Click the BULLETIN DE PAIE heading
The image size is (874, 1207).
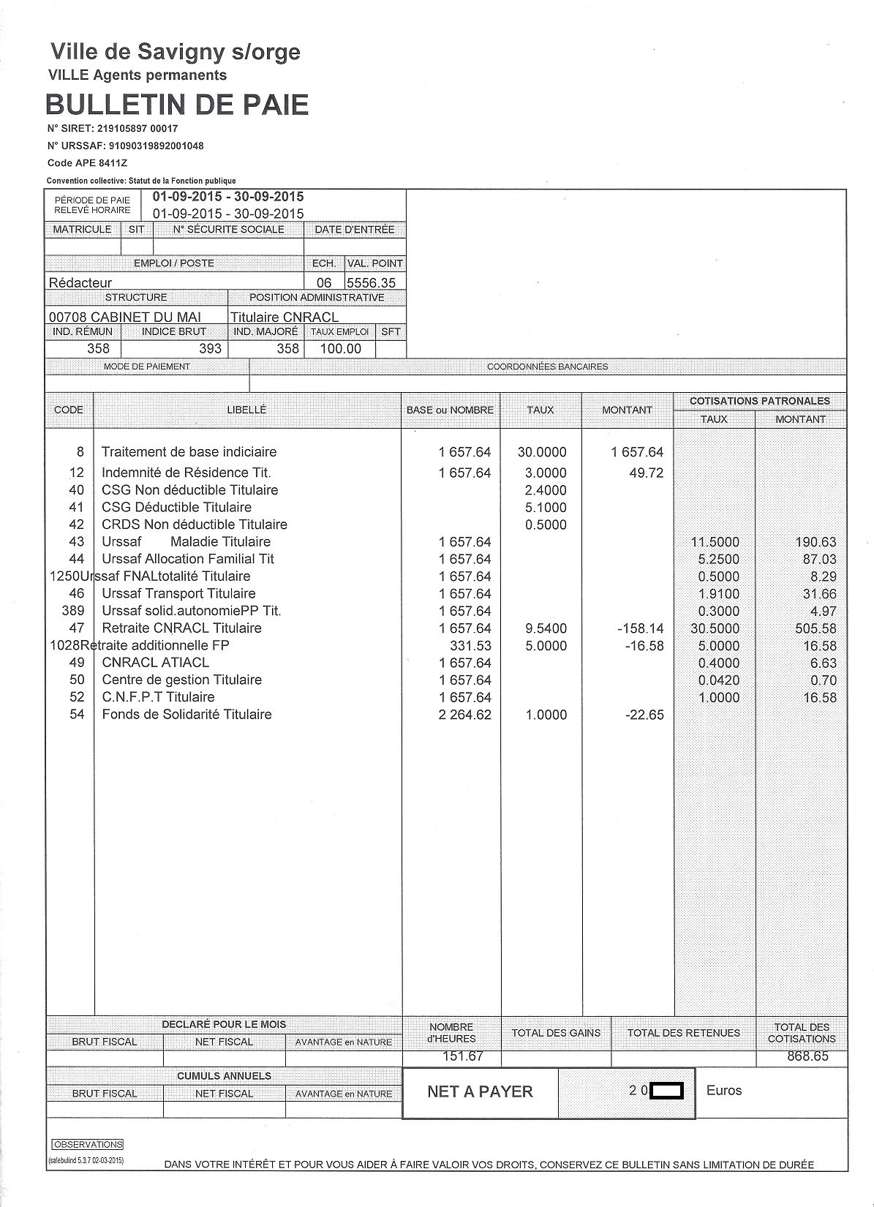pos(177,105)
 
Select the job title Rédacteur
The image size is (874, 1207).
pos(80,282)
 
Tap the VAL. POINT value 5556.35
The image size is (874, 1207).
pos(372,282)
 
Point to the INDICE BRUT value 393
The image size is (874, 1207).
pos(210,349)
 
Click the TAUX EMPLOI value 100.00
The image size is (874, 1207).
pos(341,349)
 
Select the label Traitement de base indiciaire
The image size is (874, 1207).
pos(189,452)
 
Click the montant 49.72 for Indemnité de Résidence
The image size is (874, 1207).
pos(646,473)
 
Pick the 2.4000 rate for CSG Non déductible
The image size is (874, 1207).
pos(546,490)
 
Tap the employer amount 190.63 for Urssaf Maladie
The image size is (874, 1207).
pos(815,542)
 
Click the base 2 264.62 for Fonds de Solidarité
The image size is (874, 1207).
pos(464,715)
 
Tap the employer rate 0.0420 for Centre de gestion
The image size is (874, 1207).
pos(718,680)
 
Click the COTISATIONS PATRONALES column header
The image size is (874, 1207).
pos(759,401)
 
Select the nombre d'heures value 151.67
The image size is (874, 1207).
pos(462,1056)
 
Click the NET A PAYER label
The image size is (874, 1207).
pos(480,1091)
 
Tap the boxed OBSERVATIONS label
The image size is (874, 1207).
pos(88,1144)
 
